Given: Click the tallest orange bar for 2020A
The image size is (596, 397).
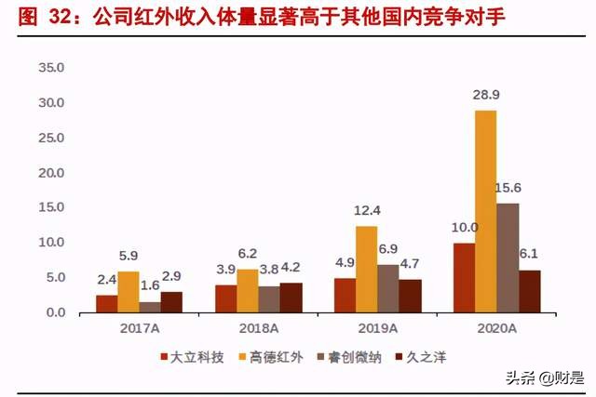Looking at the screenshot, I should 485,211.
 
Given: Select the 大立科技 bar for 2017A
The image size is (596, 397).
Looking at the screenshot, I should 107,304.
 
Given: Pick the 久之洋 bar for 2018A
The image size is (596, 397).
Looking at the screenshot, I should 291,298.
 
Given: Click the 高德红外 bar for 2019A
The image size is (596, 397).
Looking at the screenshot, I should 366,269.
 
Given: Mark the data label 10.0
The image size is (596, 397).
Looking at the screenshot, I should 463,228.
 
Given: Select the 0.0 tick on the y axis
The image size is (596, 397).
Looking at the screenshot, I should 52,312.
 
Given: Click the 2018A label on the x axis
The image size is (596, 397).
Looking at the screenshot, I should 258,328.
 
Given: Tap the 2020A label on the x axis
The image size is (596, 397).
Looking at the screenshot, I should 496,328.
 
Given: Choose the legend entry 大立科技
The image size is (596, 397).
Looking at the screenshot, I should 192,356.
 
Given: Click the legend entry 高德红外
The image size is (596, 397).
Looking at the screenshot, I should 268,356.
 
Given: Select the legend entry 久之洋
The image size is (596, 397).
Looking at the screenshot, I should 418,356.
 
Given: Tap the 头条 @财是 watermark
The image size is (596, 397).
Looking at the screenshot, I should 544,377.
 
